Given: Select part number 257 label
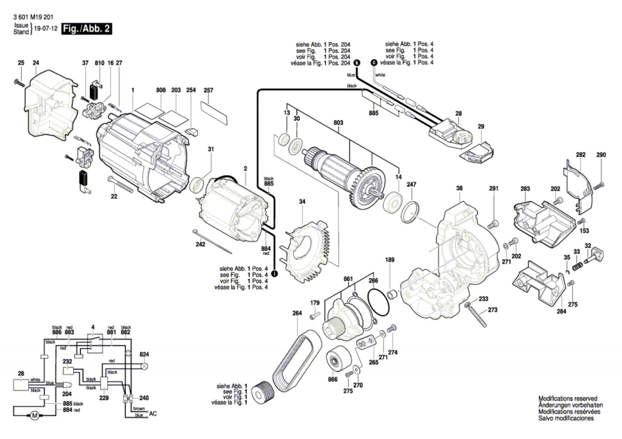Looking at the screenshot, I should point(208,90).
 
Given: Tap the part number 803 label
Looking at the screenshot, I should point(338,123).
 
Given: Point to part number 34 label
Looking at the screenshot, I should point(302,201).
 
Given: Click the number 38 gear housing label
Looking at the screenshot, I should point(459,188).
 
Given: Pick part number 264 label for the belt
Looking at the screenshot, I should point(297,313).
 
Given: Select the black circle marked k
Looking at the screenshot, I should point(357,63).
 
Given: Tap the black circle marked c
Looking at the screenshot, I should point(374,63).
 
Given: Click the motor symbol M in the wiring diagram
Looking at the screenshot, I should point(35,416).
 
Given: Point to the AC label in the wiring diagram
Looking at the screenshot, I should point(153,413).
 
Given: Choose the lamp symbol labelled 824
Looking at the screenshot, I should point(144,366).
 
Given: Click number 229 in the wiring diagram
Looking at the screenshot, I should point(104,398).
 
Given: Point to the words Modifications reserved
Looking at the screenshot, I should point(568,399).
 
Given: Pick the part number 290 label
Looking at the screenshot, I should point(601,155).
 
